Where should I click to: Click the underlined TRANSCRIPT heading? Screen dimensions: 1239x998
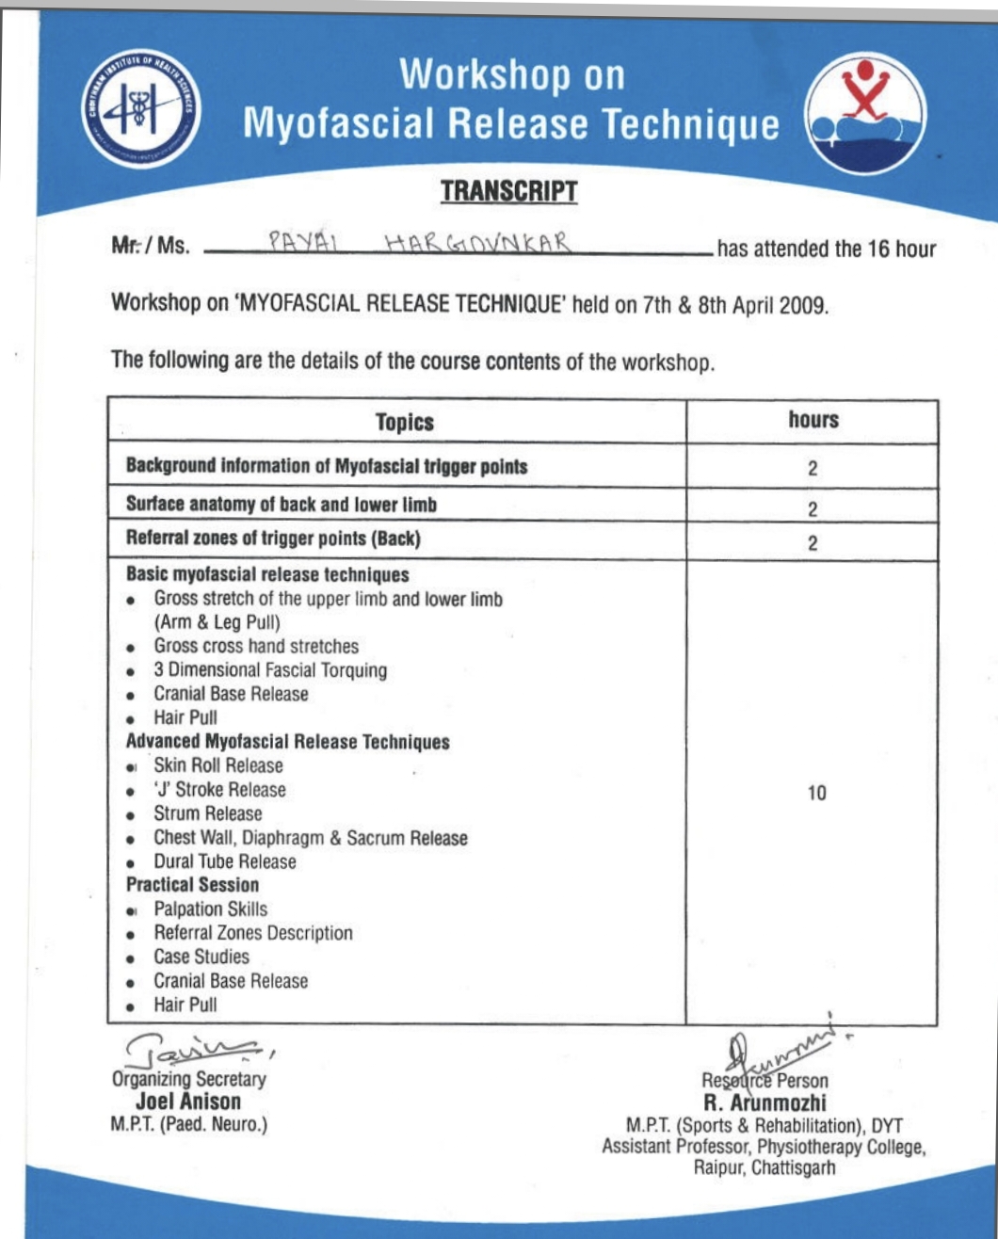click(508, 191)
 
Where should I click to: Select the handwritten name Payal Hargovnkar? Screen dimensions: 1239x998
click(420, 243)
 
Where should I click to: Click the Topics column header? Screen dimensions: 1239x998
click(405, 422)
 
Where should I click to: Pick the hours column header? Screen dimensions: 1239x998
click(813, 420)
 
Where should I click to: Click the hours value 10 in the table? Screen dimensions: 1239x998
click(816, 793)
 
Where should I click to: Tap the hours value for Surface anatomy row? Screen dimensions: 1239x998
click(813, 509)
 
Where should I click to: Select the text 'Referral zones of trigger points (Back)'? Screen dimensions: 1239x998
click(273, 539)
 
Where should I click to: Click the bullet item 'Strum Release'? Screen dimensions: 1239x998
click(208, 813)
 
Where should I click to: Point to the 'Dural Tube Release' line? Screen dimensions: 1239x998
click(225, 861)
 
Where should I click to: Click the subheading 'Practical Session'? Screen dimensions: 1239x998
click(192, 885)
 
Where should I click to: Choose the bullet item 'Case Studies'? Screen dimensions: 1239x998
click(201, 957)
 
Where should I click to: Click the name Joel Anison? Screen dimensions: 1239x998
click(188, 1102)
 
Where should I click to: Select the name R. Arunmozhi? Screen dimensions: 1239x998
click(765, 1102)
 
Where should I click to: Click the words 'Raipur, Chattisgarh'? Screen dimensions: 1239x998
click(765, 1168)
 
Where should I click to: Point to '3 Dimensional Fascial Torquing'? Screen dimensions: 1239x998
click(270, 670)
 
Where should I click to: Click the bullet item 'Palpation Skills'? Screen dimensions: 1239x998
click(210, 909)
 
